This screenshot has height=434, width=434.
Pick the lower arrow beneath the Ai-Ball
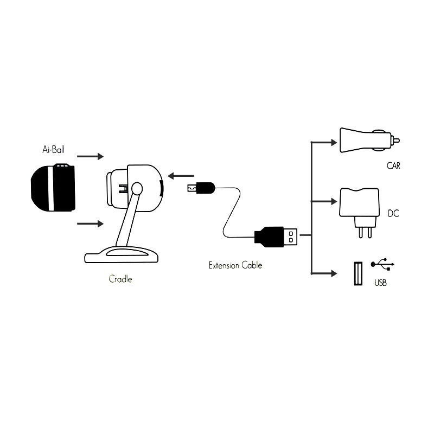[x=91, y=223]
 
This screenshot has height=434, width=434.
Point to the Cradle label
[x=120, y=279]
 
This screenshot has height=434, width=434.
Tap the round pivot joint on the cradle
[x=137, y=189]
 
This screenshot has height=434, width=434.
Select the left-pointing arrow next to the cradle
[x=181, y=175]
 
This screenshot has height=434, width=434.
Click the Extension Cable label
[x=235, y=265]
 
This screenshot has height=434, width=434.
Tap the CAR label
[x=394, y=165]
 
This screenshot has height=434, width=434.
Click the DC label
[x=394, y=213]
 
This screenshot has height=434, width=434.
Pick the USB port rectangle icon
[x=358, y=275]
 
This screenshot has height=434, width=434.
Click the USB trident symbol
[x=383, y=265]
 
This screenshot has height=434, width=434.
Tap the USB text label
[x=381, y=283]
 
